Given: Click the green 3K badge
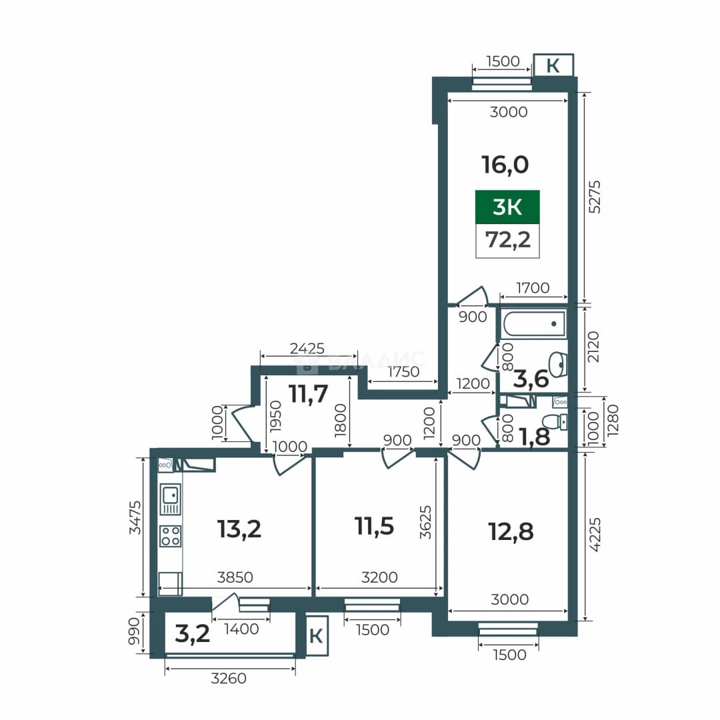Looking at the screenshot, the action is [507, 207].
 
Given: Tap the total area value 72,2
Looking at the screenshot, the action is [508, 240].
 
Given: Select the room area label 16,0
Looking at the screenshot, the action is [505, 165].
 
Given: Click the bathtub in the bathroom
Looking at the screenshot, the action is [534, 323].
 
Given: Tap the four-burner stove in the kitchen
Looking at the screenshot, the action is [171, 536].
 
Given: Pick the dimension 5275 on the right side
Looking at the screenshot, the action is [594, 197].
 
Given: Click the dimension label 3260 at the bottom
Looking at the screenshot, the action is [229, 678].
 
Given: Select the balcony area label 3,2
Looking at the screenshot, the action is [193, 634].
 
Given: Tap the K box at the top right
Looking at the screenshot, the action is [553, 65].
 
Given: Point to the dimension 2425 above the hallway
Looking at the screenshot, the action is [307, 349].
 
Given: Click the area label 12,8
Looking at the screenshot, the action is [511, 532].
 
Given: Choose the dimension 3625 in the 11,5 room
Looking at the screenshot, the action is [425, 522].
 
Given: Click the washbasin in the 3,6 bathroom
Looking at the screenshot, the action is [559, 364].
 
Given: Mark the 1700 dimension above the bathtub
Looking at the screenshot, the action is [533, 288].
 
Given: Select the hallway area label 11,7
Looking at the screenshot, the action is [308, 393].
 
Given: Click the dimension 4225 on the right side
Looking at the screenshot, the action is [594, 535].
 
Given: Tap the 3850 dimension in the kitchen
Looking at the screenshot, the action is [235, 577].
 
